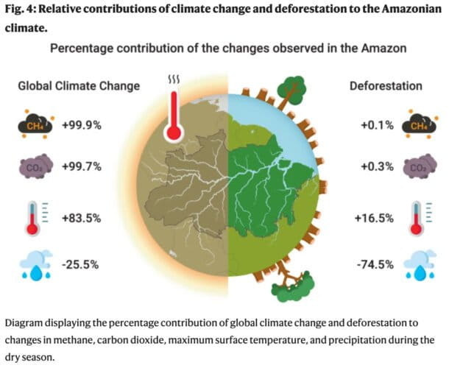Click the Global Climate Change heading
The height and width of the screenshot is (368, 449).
point(78,85)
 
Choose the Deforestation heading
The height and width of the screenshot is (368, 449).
point(385,85)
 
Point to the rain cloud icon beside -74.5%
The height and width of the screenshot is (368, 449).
point(419,263)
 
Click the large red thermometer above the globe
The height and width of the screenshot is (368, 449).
point(174,110)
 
